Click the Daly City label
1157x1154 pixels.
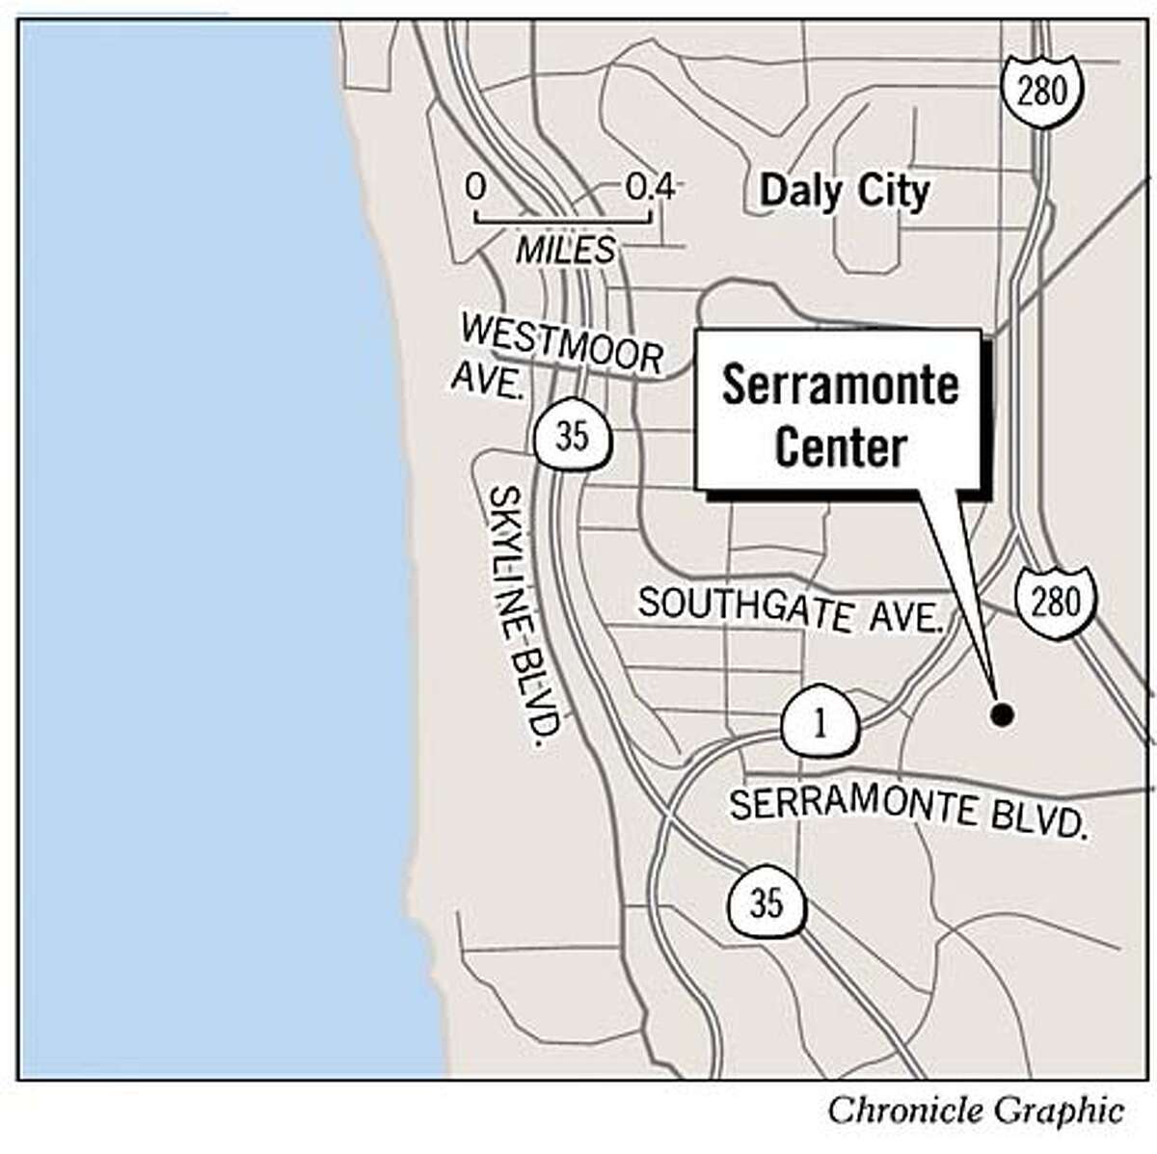(x=844, y=192)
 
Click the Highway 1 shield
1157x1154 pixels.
(x=820, y=724)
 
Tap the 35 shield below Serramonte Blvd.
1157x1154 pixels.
(x=766, y=903)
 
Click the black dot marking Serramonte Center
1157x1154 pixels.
(x=1002, y=714)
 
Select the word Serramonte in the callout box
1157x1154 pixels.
(x=840, y=387)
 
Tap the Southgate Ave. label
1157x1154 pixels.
(x=790, y=610)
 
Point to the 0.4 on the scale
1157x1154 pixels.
(x=650, y=186)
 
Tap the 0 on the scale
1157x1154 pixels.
(x=475, y=186)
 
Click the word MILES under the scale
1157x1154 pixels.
(x=565, y=251)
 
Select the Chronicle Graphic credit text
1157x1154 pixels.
(x=975, y=1110)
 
